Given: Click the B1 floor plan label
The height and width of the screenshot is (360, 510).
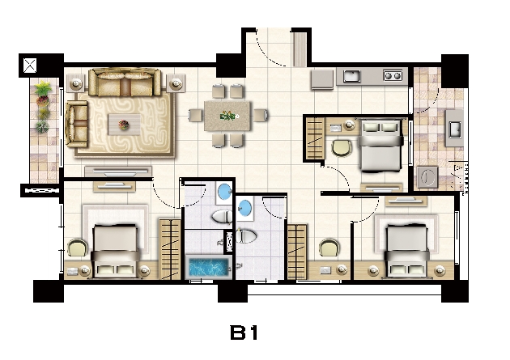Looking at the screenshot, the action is (x=244, y=332).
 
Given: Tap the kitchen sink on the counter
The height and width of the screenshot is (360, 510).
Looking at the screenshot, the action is (x=351, y=76).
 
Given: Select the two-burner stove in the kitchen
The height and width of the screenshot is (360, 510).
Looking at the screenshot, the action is (x=393, y=76).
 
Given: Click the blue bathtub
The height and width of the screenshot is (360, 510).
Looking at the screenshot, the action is (x=209, y=268).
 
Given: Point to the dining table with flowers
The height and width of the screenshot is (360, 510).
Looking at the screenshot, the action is (x=227, y=116).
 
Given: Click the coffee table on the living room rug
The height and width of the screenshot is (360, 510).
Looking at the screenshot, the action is (x=124, y=125).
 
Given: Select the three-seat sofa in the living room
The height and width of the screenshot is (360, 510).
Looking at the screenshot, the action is (x=125, y=83).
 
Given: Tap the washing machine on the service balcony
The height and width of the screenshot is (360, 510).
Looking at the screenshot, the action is (x=427, y=177).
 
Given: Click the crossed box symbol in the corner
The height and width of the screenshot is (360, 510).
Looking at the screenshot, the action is (x=30, y=66).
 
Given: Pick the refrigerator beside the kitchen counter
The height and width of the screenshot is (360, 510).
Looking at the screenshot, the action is (x=322, y=79).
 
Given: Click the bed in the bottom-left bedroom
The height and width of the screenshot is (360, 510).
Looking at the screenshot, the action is (x=115, y=251).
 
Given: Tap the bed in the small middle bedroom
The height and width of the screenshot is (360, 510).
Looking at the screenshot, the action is (x=380, y=146).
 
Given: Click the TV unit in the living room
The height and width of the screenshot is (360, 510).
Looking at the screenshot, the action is (x=118, y=172).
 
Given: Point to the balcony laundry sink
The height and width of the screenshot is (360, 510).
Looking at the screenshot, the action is (x=454, y=129).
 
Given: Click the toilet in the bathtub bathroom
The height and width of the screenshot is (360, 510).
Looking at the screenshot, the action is (x=222, y=217).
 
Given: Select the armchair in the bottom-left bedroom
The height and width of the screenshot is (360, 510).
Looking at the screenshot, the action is (x=78, y=248).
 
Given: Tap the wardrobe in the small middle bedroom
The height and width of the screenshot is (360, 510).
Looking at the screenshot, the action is (x=315, y=138).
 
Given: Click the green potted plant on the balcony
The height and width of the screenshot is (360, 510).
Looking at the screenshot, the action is (x=44, y=88).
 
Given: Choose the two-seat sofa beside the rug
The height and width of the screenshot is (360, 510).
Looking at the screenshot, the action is (x=78, y=124).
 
